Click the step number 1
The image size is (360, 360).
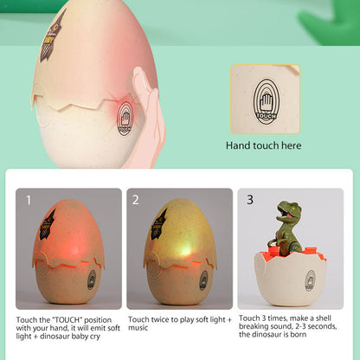tap(28, 200)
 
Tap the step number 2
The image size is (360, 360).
tap(136, 200)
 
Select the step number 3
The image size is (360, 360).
tap(250, 199)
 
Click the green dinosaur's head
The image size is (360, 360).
tap(288, 211)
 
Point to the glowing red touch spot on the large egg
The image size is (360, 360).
tap(126, 113)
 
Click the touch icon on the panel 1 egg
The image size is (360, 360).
tap(92, 279)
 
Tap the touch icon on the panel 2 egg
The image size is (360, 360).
tap(203, 280)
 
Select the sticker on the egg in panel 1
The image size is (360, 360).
tap(44, 225)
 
